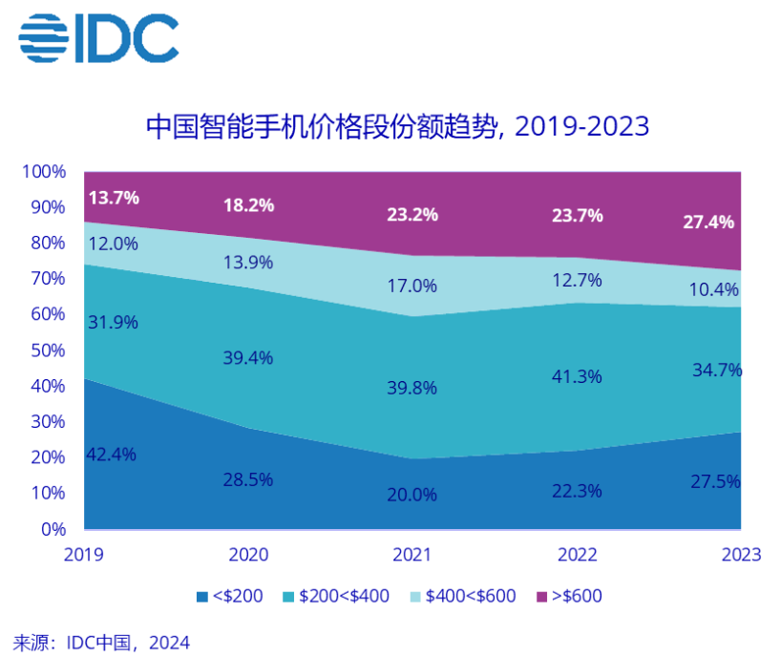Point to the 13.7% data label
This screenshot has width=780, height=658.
pyautogui.click(x=114, y=198)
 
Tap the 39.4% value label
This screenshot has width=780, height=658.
pyautogui.click(x=249, y=358)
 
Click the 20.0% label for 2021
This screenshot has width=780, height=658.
pyautogui.click(x=412, y=495)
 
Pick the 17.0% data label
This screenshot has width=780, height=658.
pyautogui.click(x=412, y=286)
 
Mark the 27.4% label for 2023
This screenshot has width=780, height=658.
pyautogui.click(x=708, y=223)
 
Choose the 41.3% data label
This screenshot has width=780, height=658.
pyautogui.click(x=577, y=376)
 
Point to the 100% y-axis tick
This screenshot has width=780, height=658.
pyautogui.click(x=45, y=172)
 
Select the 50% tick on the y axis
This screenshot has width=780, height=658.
pyautogui.click(x=49, y=350)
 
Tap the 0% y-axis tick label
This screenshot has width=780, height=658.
pyautogui.click(x=53, y=529)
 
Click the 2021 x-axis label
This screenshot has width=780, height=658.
pyautogui.click(x=412, y=555)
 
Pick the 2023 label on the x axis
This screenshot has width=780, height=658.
pyautogui.click(x=741, y=555)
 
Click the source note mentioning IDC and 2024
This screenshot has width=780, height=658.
pyautogui.click(x=102, y=643)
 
